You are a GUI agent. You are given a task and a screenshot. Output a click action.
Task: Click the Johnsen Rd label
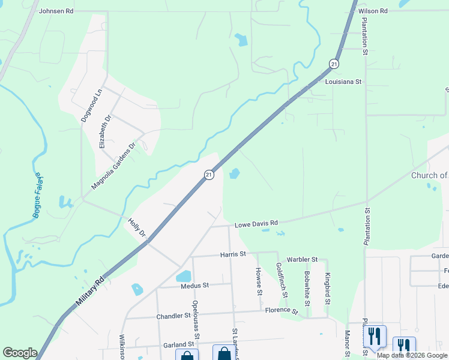(56, 11)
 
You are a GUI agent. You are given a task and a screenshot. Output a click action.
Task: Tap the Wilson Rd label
(373, 11)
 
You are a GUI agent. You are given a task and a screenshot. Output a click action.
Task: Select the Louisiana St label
(343, 81)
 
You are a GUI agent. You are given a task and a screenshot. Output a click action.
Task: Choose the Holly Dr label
(137, 226)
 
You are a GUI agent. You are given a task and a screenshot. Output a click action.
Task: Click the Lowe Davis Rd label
(256, 223)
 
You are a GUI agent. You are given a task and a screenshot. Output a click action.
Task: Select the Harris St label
(233, 254)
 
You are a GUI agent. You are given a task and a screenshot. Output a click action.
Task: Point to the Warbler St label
(301, 259)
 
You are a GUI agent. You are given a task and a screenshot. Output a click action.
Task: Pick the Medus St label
(194, 286)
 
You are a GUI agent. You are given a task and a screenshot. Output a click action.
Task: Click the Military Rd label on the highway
(91, 293)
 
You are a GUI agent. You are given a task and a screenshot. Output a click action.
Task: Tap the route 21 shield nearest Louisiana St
(334, 64)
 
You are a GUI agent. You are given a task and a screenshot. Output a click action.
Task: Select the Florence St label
(282, 311)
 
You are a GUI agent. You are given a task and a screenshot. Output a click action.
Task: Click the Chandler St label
(173, 316)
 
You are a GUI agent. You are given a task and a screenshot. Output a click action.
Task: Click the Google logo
(20, 353)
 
